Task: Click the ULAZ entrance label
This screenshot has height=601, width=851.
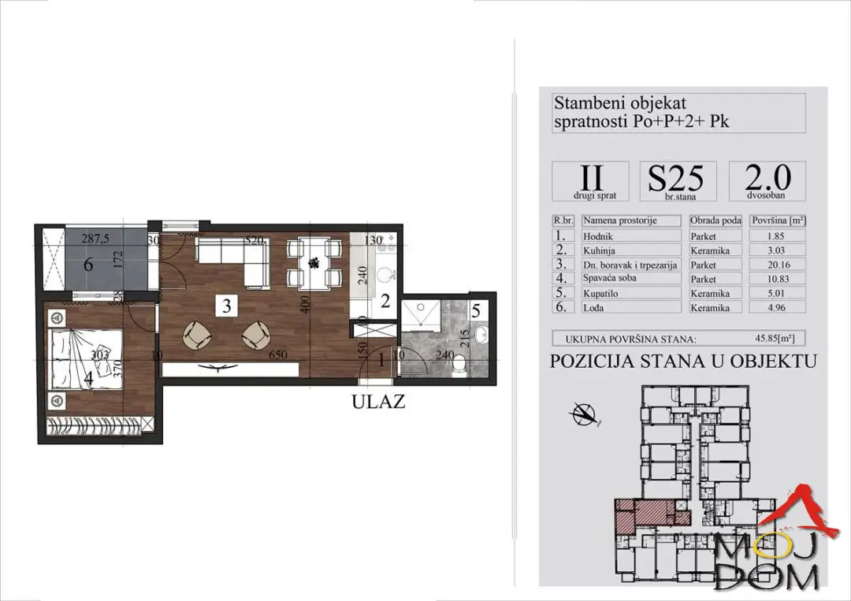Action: [x=378, y=402]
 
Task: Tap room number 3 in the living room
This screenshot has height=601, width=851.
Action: [x=226, y=307]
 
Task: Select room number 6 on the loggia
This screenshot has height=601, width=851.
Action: [x=88, y=265]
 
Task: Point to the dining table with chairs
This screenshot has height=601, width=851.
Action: [x=314, y=262]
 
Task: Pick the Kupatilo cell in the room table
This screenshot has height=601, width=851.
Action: [x=630, y=293]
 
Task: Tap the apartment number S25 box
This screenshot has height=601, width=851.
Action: [x=675, y=181]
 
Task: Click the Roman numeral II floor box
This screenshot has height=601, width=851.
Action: [x=590, y=181]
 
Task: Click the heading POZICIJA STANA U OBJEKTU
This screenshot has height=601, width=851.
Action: [x=682, y=362]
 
